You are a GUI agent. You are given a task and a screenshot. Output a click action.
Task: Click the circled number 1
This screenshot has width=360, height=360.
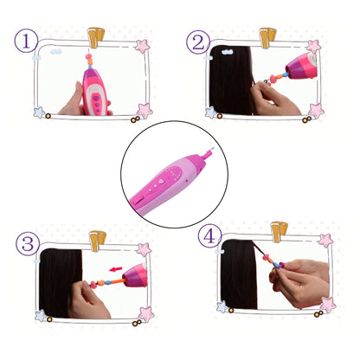click(x=26, y=41)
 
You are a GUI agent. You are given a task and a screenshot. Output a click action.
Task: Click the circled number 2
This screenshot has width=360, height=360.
click(x=198, y=42)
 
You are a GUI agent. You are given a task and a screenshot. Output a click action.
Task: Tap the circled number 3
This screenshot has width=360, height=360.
click(x=28, y=244)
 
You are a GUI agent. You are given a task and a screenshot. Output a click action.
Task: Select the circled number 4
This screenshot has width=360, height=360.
click(x=209, y=236)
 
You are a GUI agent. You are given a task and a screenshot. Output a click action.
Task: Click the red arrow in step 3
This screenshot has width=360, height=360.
click(x=116, y=269)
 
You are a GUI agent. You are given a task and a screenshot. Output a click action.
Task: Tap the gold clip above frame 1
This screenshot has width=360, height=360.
click(x=96, y=37)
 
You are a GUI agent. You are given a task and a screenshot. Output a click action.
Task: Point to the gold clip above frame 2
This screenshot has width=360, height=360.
click(x=267, y=37)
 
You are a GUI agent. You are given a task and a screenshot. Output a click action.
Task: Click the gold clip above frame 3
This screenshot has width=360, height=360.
click(x=98, y=241)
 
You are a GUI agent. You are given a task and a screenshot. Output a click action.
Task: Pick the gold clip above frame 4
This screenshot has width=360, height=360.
click(x=280, y=232)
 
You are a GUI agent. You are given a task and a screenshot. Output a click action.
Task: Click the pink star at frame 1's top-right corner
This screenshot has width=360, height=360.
click(x=143, y=46)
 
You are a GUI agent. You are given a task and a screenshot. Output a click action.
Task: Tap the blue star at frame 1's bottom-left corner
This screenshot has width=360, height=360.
click(x=39, y=112)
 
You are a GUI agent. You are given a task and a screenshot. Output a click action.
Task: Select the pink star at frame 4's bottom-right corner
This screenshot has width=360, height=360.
click(x=328, y=305)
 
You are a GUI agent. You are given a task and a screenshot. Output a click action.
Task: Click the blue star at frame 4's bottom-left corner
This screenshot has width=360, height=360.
click(x=222, y=306)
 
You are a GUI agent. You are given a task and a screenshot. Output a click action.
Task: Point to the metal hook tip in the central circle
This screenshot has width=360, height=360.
click(x=212, y=149)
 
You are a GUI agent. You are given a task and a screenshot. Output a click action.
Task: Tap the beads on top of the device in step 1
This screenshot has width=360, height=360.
click(x=90, y=60)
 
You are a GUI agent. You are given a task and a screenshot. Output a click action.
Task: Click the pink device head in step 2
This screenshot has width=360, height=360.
click(x=301, y=66)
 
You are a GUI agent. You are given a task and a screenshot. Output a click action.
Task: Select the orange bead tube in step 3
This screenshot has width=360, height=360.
click(x=114, y=281)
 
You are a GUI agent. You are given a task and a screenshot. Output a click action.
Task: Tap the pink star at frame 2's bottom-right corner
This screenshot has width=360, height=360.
click(x=316, y=111)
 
